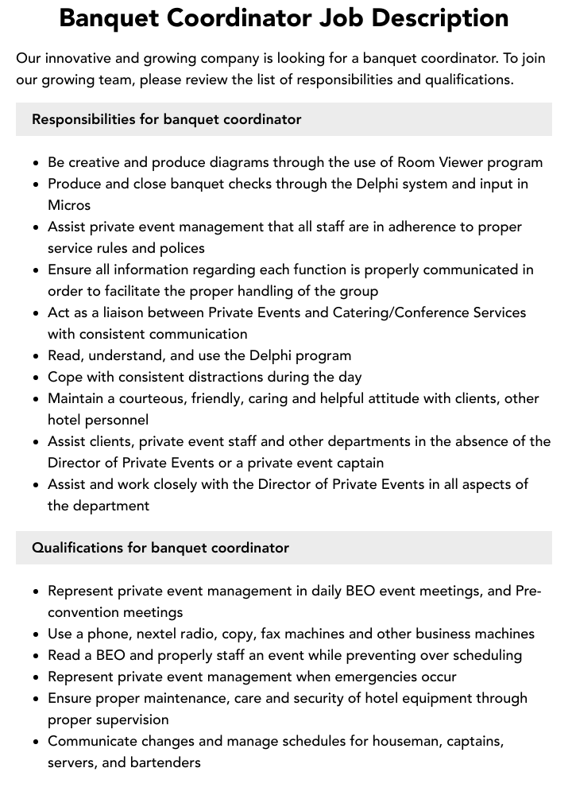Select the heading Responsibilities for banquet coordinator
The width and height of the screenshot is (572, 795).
point(166,119)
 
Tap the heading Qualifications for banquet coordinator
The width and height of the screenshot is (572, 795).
point(160,548)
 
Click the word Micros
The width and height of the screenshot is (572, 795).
point(69,205)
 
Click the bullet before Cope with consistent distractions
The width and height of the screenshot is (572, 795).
point(37,378)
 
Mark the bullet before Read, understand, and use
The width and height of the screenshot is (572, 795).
point(37,356)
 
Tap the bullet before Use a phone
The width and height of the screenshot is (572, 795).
point(37,634)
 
